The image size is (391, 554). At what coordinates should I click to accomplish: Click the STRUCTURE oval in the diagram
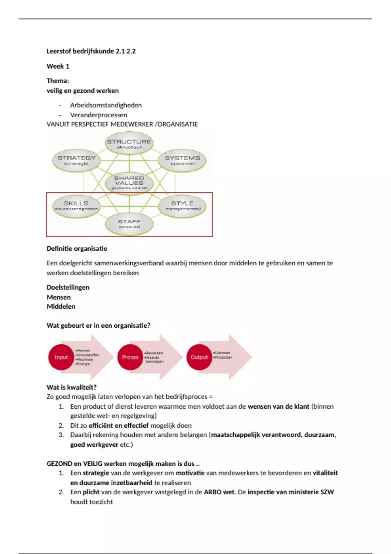(x=129, y=143)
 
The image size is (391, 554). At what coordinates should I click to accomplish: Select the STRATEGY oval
(x=76, y=160)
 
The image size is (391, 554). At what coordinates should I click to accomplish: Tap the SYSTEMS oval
(x=182, y=160)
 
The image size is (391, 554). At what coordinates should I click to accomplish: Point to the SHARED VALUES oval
(x=129, y=183)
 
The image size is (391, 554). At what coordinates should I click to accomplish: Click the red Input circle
(x=61, y=357)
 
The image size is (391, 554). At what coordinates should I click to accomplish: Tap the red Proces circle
(x=130, y=357)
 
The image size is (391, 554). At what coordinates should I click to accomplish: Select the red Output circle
(x=199, y=357)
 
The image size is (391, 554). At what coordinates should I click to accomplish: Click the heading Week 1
(x=58, y=66)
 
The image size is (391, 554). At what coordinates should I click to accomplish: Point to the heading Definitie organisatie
(x=77, y=249)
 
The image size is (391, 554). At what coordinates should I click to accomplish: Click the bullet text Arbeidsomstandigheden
(x=106, y=105)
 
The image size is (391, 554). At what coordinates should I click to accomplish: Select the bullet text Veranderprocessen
(x=99, y=115)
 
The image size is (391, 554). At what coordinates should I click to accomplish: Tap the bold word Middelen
(x=61, y=307)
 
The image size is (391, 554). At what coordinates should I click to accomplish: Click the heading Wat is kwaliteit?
(x=72, y=387)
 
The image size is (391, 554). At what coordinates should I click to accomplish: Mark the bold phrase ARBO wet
(x=219, y=492)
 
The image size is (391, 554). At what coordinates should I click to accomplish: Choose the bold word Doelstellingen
(x=68, y=287)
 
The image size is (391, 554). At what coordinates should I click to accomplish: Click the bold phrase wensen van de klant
(x=278, y=407)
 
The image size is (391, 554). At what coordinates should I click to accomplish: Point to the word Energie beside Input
(x=83, y=364)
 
